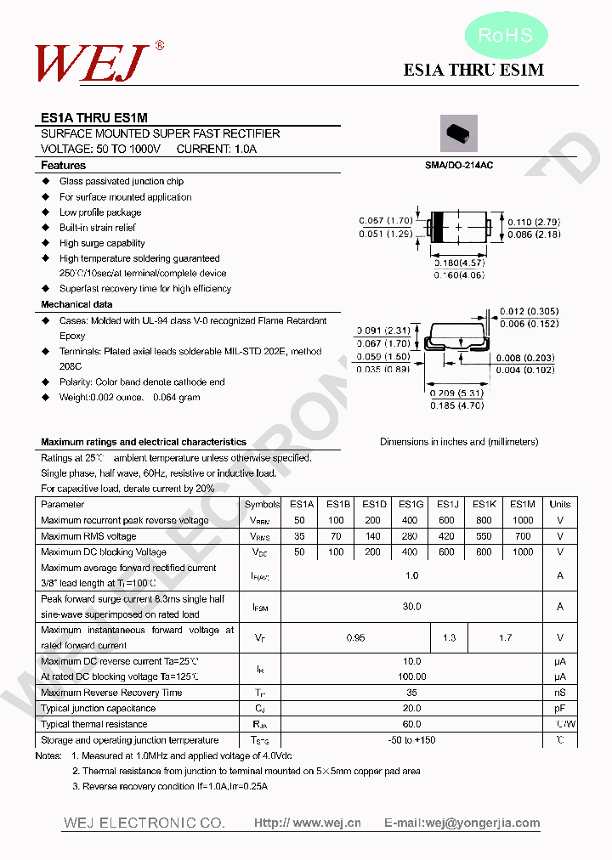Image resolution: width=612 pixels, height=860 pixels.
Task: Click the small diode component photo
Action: pyautogui.click(x=458, y=133)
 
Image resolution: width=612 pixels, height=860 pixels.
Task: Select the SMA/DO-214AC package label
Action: pyautogui.click(x=459, y=165)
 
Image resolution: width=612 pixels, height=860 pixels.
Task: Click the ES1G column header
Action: pyautogui.click(x=411, y=505)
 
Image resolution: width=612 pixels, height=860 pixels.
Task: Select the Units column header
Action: pyautogui.click(x=560, y=505)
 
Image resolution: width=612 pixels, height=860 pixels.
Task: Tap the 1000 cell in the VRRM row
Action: pyautogui.click(x=523, y=520)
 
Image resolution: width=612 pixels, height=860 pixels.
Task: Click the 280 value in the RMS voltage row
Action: pyautogui.click(x=411, y=536)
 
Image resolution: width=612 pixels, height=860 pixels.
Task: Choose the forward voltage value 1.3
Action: pyautogui.click(x=449, y=637)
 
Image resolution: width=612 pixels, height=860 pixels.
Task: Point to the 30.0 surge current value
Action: pyautogui.click(x=411, y=607)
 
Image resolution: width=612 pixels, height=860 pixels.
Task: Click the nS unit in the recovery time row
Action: pyautogui.click(x=560, y=693)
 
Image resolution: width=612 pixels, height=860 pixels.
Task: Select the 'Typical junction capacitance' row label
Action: pyautogui.click(x=99, y=709)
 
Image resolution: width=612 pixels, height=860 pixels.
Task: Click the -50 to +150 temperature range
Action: pyautogui.click(x=411, y=740)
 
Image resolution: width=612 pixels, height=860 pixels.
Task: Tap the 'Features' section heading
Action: pyautogui.click(x=64, y=166)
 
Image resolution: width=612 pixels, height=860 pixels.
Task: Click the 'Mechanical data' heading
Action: pyautogui.click(x=76, y=304)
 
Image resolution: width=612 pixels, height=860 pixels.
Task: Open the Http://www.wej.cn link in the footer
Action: pyautogui.click(x=308, y=823)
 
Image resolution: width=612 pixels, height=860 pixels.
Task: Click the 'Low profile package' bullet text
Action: pyautogui.click(x=100, y=212)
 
